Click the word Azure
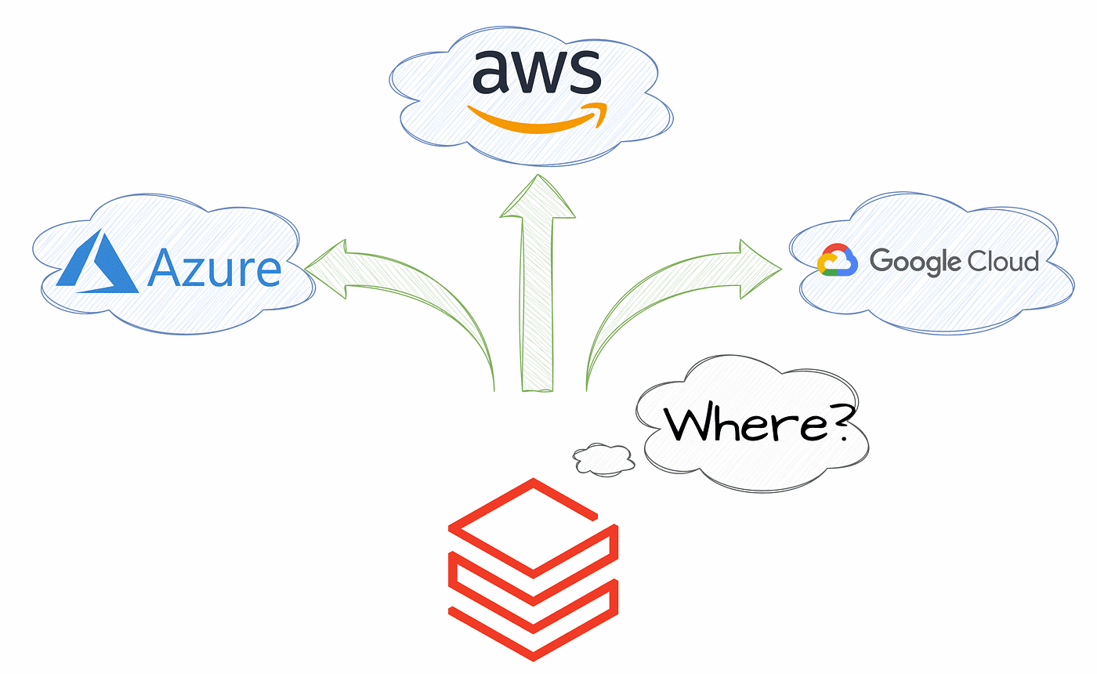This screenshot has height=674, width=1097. click(x=213, y=269)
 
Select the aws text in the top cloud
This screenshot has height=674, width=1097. click(x=537, y=72)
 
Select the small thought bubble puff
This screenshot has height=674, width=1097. click(x=603, y=459)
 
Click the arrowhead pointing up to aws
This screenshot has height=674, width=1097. click(x=538, y=196)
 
